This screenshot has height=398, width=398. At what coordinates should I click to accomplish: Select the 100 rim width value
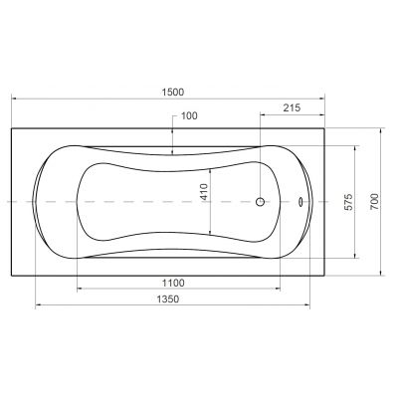[x=189, y=116]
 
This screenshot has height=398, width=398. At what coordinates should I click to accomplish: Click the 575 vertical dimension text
[x=349, y=201]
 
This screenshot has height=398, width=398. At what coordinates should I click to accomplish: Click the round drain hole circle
[x=262, y=202]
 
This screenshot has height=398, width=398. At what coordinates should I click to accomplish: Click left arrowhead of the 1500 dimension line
[x=14, y=99]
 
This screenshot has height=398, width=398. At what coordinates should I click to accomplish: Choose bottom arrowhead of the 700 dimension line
[x=385, y=272]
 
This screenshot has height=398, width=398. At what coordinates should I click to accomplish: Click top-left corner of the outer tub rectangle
[x=11, y=127]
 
